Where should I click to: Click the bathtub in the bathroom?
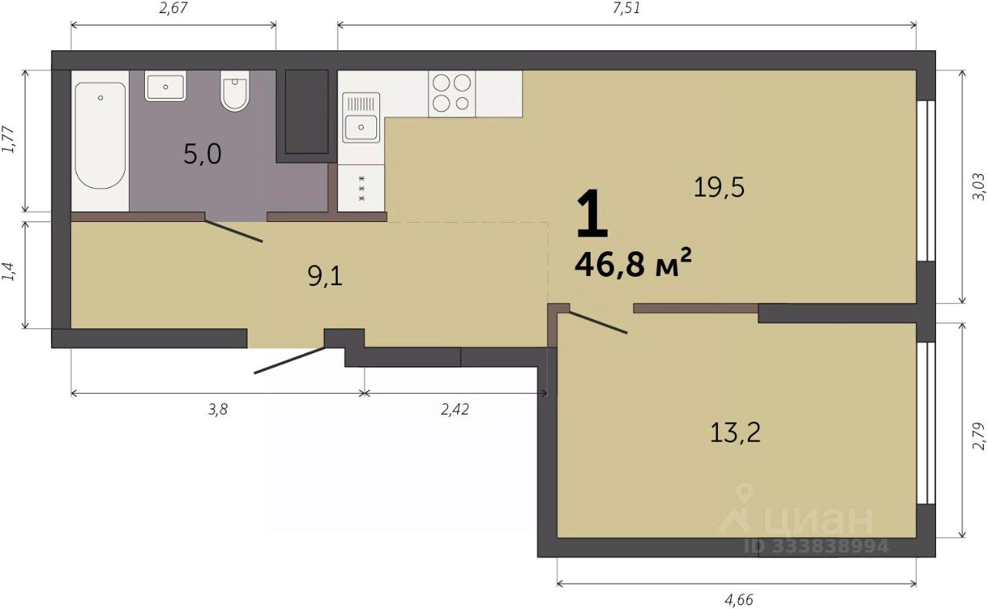pyautogui.click(x=100, y=136)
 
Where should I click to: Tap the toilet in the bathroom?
pyautogui.click(x=235, y=91)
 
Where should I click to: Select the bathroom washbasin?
pyautogui.click(x=165, y=86)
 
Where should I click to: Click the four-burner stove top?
pyautogui.click(x=452, y=93)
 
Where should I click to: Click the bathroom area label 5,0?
pyautogui.click(x=202, y=154)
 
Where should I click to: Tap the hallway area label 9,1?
pyautogui.click(x=325, y=277)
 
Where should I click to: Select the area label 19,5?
pyautogui.click(x=719, y=187)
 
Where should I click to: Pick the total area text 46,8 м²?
pyautogui.click(x=633, y=264)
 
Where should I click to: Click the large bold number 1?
pyautogui.click(x=591, y=214)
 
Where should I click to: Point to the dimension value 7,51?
pyautogui.click(x=626, y=8)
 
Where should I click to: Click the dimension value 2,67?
pyautogui.click(x=173, y=8)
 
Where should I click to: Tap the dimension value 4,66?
pyautogui.click(x=739, y=599)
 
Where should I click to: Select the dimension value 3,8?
pyautogui.click(x=217, y=409)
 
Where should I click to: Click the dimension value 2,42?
pyautogui.click(x=455, y=409)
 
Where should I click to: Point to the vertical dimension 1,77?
pyautogui.click(x=8, y=140)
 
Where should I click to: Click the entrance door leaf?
pyautogui.click(x=290, y=361)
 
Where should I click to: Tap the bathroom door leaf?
pyautogui.click(x=234, y=231)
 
